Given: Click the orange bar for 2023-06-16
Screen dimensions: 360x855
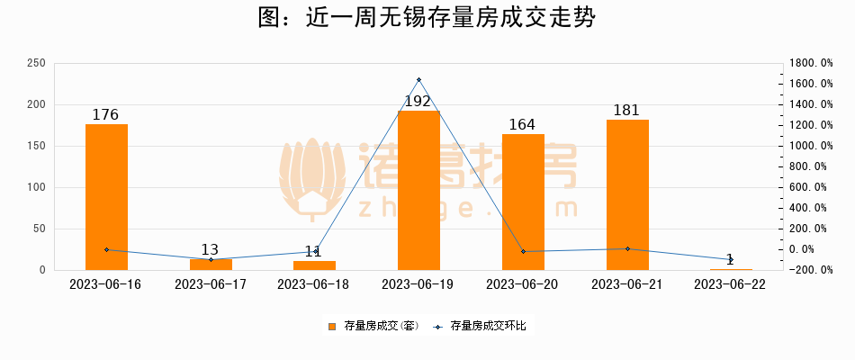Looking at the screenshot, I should coord(106,197).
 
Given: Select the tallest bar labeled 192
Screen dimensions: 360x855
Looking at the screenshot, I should coord(418,190).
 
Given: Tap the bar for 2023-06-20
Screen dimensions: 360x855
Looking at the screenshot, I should coord(523,202).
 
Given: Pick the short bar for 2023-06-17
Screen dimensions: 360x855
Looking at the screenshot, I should coord(211,265).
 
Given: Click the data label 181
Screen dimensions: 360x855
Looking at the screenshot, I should coord(626,111).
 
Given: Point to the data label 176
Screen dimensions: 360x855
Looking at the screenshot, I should coord(106,115).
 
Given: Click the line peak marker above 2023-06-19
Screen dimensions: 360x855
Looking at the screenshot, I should coord(418,80).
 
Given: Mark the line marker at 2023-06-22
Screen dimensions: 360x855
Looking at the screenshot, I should coord(731,260).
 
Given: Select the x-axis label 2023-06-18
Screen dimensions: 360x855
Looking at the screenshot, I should coord(314,284).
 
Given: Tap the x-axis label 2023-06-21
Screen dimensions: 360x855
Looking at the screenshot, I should coord(626,284).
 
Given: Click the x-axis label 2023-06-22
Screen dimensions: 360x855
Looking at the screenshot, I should coord(731,284).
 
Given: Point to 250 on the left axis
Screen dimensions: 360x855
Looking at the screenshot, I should coord(37,63).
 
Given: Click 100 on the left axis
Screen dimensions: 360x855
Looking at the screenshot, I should coord(37,187).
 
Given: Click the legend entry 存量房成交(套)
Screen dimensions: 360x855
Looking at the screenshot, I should coord(370,326).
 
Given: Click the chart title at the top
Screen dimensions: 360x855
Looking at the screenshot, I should coord(427,18).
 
